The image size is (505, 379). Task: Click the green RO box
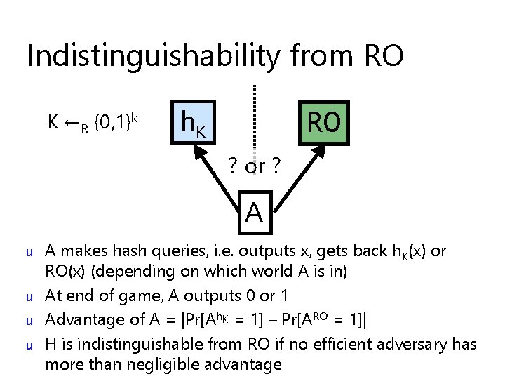323,121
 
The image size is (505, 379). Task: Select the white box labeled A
254,211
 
